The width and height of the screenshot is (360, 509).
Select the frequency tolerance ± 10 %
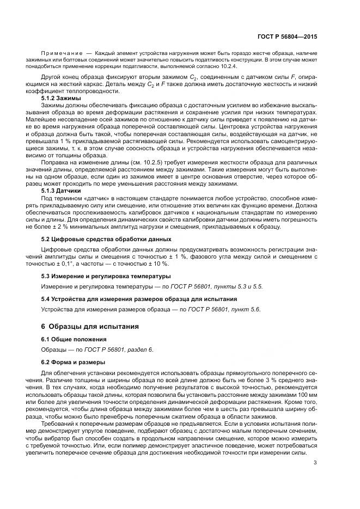pos(155,263)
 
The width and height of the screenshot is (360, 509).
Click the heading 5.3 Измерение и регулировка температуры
pos(106,276)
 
